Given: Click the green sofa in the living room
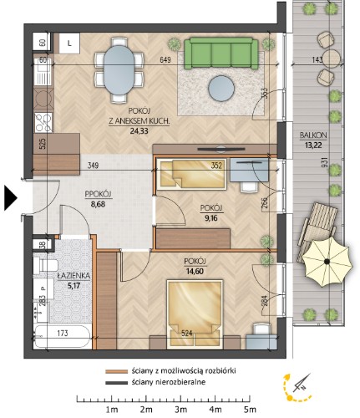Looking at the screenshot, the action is pos(221,54).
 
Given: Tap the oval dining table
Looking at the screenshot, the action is pos(119,70).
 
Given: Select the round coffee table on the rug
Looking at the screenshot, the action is pos(221,89).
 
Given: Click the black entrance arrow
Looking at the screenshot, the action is pos(11,198).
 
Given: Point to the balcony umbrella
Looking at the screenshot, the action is pos(327,262).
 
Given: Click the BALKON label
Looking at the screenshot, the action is pos(313,135).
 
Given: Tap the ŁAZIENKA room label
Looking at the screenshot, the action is pos(74,276).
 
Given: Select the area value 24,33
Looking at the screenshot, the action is pos(139,130).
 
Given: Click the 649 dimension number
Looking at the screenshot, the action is pos(165,60).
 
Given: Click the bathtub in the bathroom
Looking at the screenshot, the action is pos(63,337).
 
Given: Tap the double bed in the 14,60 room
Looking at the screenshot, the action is pos(195,314).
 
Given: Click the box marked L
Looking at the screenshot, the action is pos(69,43).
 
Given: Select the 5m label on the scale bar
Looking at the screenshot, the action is pos(250,410).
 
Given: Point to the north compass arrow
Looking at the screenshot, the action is pos(302,382).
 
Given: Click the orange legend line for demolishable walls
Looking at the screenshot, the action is pos(116,371).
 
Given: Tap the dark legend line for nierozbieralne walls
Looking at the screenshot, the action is pos(116,382).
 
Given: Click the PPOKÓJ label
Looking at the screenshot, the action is pos(98,194).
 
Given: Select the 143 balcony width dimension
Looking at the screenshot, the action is pos(317,59).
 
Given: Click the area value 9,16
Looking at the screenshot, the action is pos(211,218).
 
